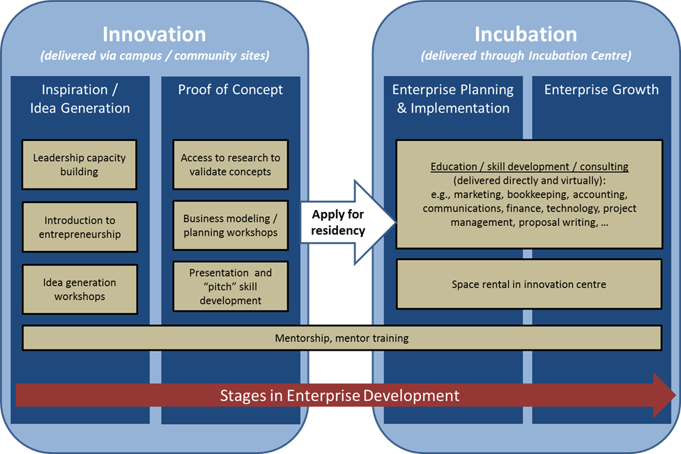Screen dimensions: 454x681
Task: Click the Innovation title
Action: (x=154, y=34)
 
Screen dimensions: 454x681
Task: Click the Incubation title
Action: (x=526, y=34)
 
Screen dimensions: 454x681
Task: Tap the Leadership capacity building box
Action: (x=79, y=165)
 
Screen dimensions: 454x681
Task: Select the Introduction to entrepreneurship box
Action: (x=79, y=227)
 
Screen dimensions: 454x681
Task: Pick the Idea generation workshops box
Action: (x=79, y=289)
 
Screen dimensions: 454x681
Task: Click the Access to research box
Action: (x=230, y=165)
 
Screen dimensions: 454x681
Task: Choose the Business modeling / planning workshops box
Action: (x=230, y=225)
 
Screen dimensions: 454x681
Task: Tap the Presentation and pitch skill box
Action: (x=230, y=287)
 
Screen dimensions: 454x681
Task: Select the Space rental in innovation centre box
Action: (x=528, y=285)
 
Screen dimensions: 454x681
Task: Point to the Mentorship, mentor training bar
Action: (x=342, y=338)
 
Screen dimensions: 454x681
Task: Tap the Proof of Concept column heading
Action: (x=230, y=89)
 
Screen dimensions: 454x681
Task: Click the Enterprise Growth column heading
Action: (x=601, y=89)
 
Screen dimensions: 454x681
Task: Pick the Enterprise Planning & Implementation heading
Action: (x=452, y=98)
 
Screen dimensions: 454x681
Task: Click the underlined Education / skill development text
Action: (x=529, y=167)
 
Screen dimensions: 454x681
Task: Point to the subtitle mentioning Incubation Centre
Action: (x=526, y=56)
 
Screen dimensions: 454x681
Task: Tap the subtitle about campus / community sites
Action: (x=154, y=56)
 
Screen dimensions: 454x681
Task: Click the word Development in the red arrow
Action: (x=411, y=395)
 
